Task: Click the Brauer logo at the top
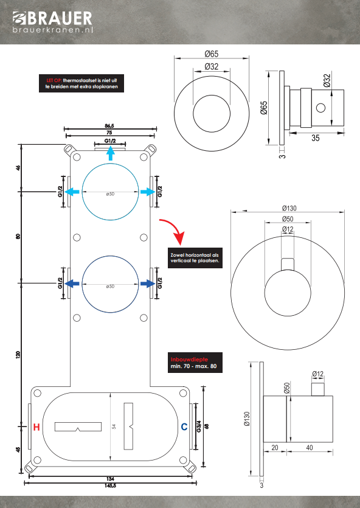(52, 22)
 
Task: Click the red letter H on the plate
(36, 427)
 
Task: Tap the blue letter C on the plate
(184, 427)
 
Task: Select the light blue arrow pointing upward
(111, 153)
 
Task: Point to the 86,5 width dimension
(109, 126)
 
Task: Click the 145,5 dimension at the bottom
(111, 485)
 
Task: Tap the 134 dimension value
(111, 479)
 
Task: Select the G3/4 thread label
(199, 426)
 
